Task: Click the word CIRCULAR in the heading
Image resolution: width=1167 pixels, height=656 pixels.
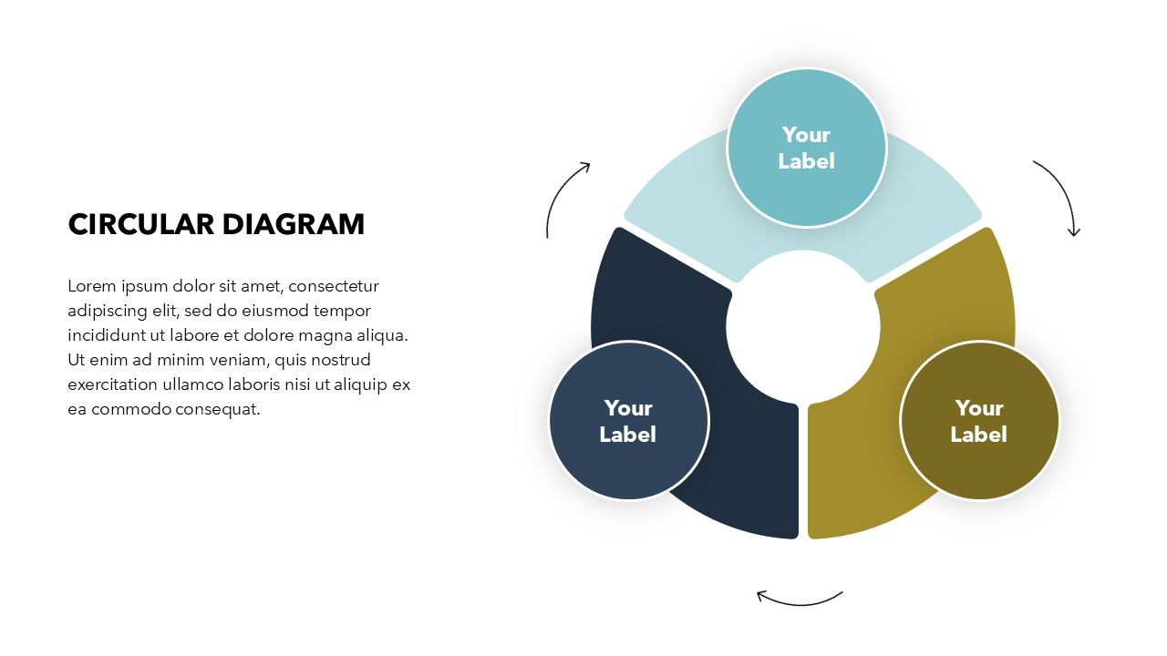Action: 140,224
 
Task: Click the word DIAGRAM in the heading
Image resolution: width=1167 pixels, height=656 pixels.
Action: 294,224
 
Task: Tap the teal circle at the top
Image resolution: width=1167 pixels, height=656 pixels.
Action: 807,148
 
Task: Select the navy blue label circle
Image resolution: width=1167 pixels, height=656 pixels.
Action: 629,421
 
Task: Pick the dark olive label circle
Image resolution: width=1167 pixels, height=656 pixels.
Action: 980,421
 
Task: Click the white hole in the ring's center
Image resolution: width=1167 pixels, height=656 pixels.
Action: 803,327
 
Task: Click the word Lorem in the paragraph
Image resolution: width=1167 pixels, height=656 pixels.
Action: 92,286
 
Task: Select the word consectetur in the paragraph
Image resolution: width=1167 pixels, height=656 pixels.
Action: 334,286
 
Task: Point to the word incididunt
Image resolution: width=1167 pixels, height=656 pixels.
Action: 107,334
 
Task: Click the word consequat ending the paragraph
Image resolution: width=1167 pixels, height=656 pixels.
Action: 217,410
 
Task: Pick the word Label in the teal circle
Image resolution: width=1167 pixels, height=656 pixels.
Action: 807,161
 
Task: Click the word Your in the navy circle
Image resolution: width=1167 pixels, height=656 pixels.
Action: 628,408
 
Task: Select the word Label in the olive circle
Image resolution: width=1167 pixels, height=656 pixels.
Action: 979,435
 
